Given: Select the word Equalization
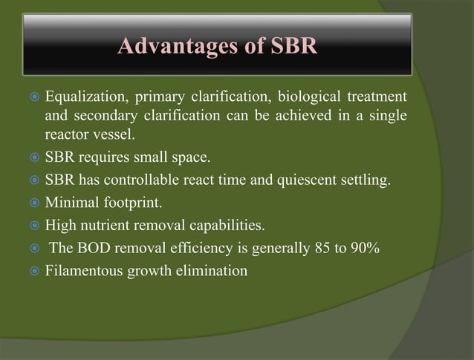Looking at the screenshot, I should pos(85,98).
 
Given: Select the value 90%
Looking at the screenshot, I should pos(366,248).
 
